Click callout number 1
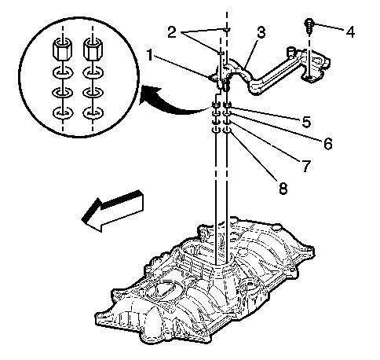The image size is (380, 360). click(149, 56)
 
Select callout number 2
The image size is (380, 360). click(172, 32)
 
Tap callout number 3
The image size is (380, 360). click(261, 32)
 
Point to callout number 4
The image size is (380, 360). click(350, 31)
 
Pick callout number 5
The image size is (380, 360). click(306, 122)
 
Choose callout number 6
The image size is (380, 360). click(327, 143)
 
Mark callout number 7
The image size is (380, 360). click(306, 166)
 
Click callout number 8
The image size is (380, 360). click(283, 188)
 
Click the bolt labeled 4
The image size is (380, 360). click(309, 26)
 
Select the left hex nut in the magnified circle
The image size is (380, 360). click(63, 49)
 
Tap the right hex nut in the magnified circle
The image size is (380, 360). click(93, 49)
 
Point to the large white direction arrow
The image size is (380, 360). click(112, 211)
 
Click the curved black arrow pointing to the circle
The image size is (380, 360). click(170, 103)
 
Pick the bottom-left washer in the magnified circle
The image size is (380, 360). click(63, 113)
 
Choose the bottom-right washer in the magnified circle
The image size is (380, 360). click(93, 113)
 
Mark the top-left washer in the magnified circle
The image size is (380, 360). click(63, 72)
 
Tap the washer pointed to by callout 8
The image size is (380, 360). click(227, 130)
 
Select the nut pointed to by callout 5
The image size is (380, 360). click(227, 105)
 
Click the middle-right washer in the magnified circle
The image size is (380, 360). click(93, 93)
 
